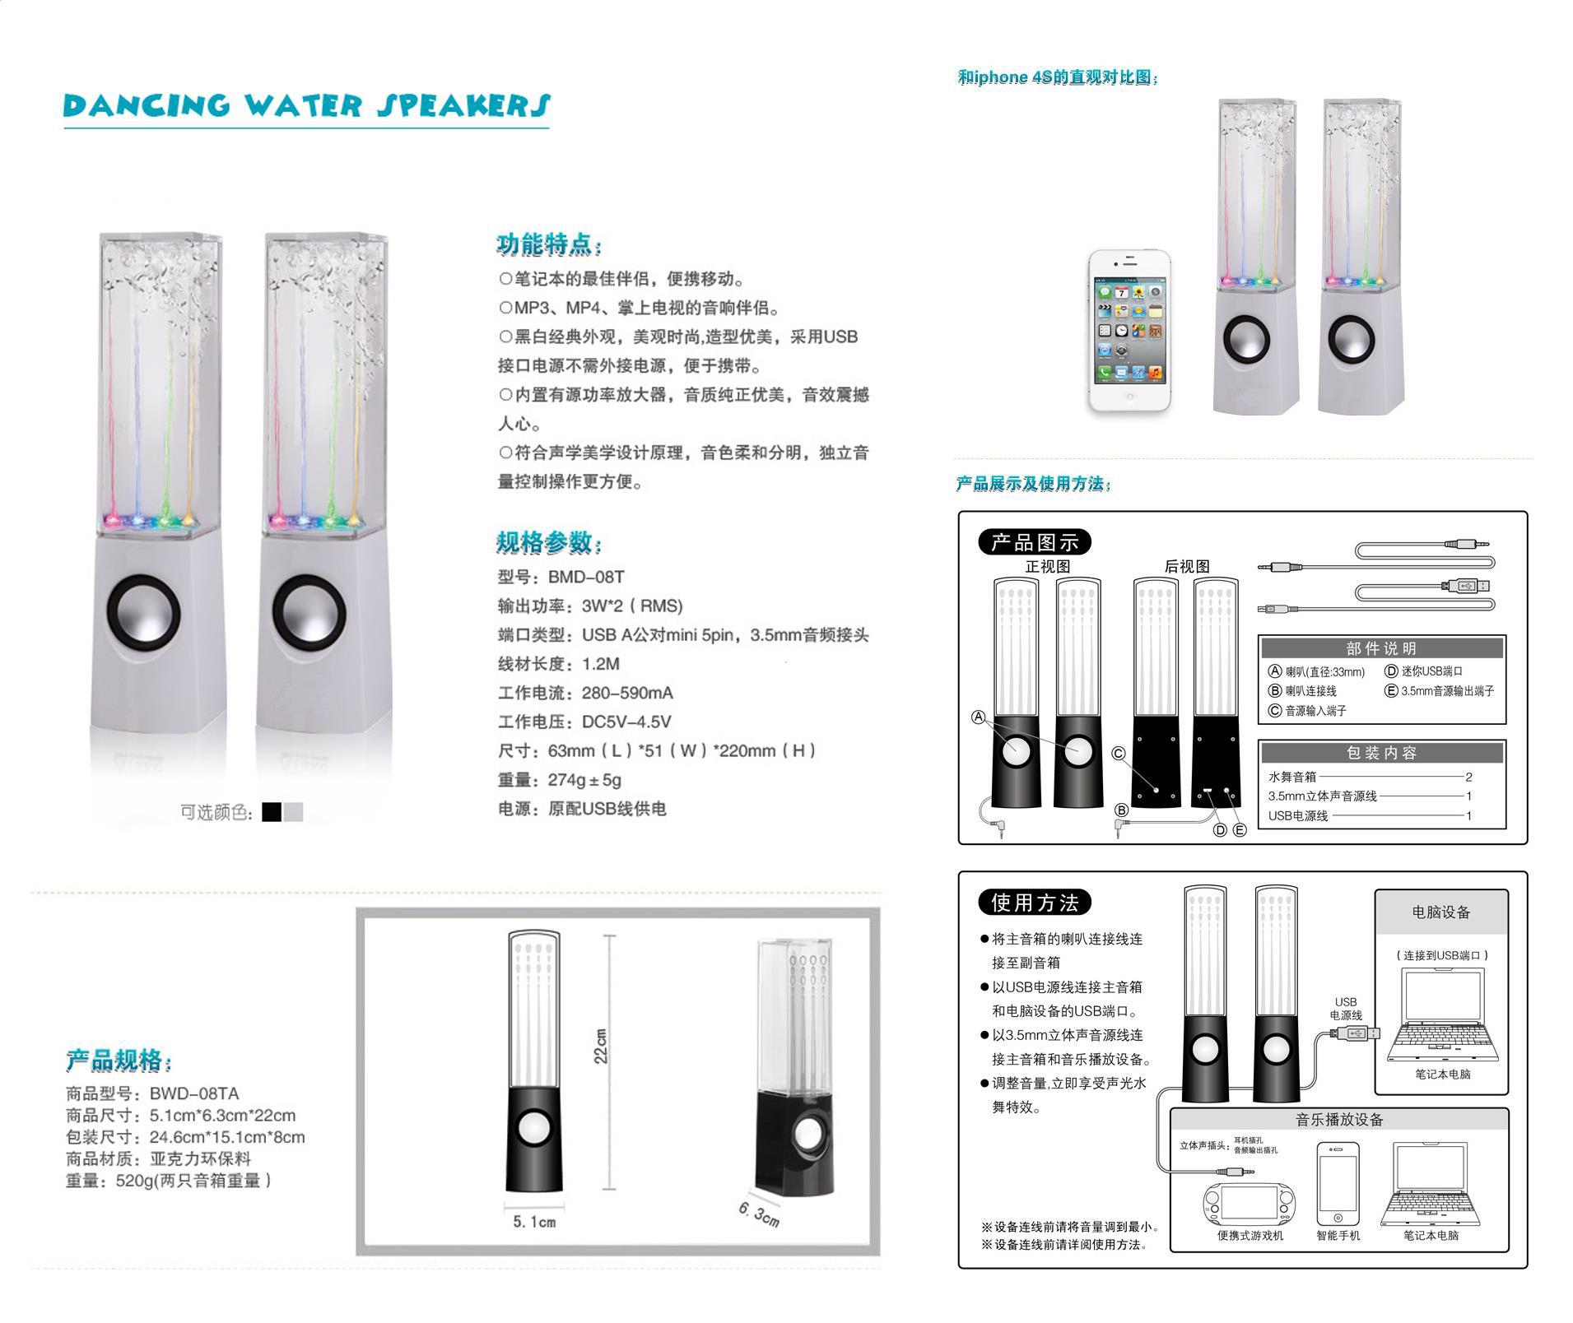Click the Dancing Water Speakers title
pyautogui.click(x=306, y=105)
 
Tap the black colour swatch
pyautogui.click(x=272, y=812)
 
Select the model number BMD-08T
pyautogui.click(x=586, y=577)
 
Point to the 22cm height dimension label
pyautogui.click(x=601, y=1046)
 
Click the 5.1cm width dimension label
pyautogui.click(x=534, y=1222)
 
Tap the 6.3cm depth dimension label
pyautogui.click(x=759, y=1214)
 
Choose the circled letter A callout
pyautogui.click(x=979, y=717)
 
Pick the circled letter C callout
pyautogui.click(x=1118, y=753)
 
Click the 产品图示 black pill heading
pyautogui.click(x=1035, y=542)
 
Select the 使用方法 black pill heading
pyautogui.click(x=1035, y=903)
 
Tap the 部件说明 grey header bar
pyautogui.click(x=1382, y=648)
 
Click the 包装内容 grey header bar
pyautogui.click(x=1382, y=752)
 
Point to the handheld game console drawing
pyautogui.click(x=1250, y=1204)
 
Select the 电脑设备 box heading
pyautogui.click(x=1441, y=912)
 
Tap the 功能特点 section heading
pyautogui.click(x=550, y=244)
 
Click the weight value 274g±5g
pyautogui.click(x=585, y=779)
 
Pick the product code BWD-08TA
pyautogui.click(x=194, y=1093)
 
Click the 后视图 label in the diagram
pyautogui.click(x=1187, y=566)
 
